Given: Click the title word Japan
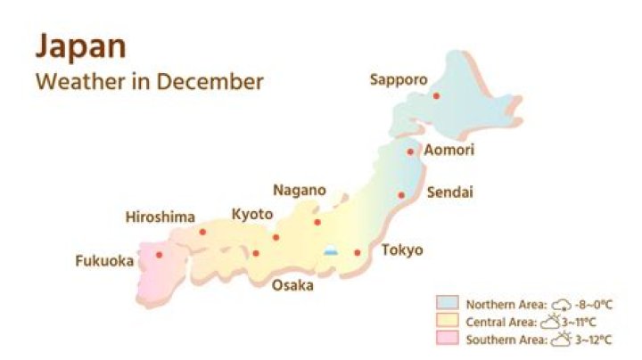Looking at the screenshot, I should click(80, 45).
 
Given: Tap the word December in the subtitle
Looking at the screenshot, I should click(211, 81).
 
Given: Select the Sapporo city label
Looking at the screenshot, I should click(398, 79).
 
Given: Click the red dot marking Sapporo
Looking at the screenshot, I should click(436, 95).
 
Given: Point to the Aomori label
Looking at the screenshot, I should click(449, 150).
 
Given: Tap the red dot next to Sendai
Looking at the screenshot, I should click(401, 195).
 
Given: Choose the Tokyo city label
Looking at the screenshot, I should click(402, 250).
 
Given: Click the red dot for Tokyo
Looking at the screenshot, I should click(358, 252).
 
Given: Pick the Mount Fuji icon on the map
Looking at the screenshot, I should click(331, 251).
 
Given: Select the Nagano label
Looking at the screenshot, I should click(299, 191).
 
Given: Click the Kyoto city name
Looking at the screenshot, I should click(252, 214).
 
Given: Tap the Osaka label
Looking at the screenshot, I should click(292, 285).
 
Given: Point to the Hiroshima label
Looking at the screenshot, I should click(160, 217).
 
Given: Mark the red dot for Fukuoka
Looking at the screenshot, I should click(160, 255).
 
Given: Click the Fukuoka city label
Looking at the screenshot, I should click(104, 261).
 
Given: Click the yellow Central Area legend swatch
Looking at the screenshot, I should click(447, 321).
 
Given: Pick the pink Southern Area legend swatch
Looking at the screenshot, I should click(447, 339).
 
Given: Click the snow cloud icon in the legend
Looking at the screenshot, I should click(562, 304).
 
